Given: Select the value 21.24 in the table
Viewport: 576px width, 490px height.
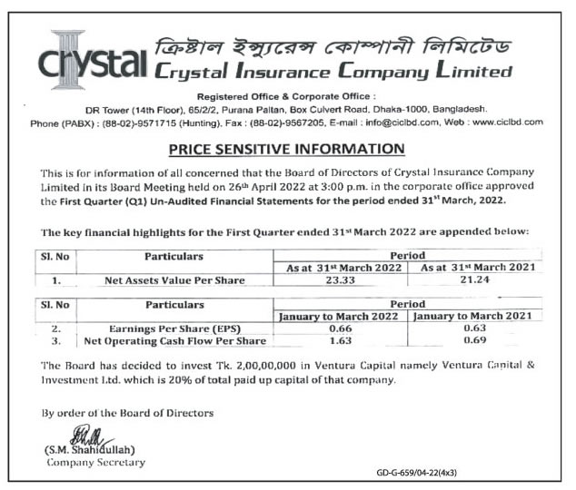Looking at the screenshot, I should tap(476, 280).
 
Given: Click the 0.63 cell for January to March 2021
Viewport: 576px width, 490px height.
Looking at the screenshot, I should tap(476, 328).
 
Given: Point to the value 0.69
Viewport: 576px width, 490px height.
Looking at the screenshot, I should tap(476, 341).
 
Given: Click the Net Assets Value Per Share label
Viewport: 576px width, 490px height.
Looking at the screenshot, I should tap(174, 280).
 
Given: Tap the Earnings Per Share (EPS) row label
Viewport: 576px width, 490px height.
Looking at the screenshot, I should tap(174, 328).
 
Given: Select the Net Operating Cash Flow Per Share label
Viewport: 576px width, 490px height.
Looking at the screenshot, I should tap(174, 341).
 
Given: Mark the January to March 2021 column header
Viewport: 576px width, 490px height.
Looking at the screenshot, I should tap(476, 315).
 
